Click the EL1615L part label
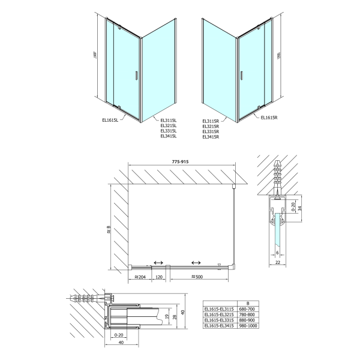pyautogui.click(x=110, y=119)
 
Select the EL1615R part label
pyautogui.click(x=271, y=118)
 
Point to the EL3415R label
pyautogui.click(x=212, y=137)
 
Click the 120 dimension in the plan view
pyautogui.click(x=160, y=277)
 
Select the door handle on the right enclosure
pyautogui.click(x=242, y=75)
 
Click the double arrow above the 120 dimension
pyautogui.click(x=159, y=262)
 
